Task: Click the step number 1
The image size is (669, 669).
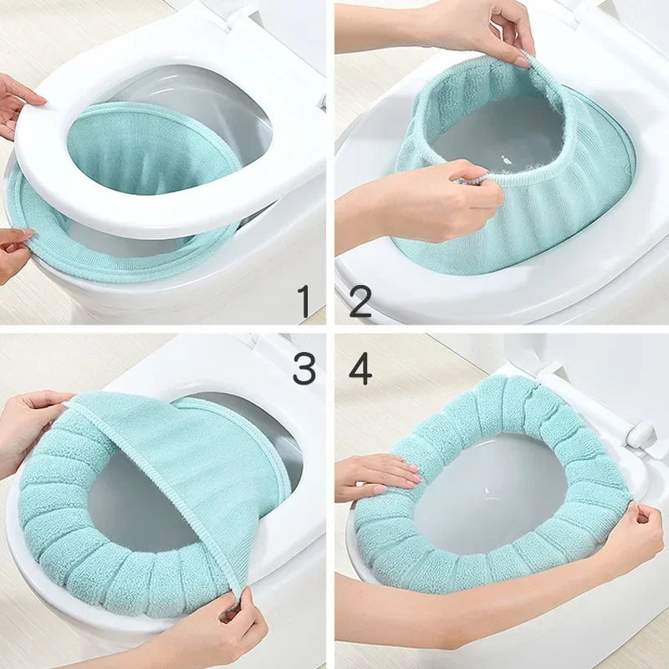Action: (304, 301)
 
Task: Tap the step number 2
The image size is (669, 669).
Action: (360, 301)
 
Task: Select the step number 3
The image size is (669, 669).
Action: (304, 368)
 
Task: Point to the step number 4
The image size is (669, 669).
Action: (360, 368)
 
